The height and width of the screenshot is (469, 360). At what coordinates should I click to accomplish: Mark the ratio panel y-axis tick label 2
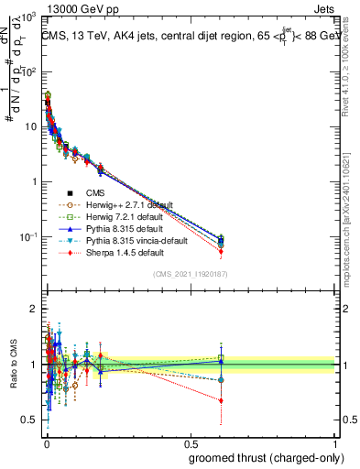33,309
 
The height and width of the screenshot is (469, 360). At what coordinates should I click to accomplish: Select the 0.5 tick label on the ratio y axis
29,420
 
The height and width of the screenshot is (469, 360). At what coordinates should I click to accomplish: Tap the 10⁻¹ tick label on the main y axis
29,237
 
